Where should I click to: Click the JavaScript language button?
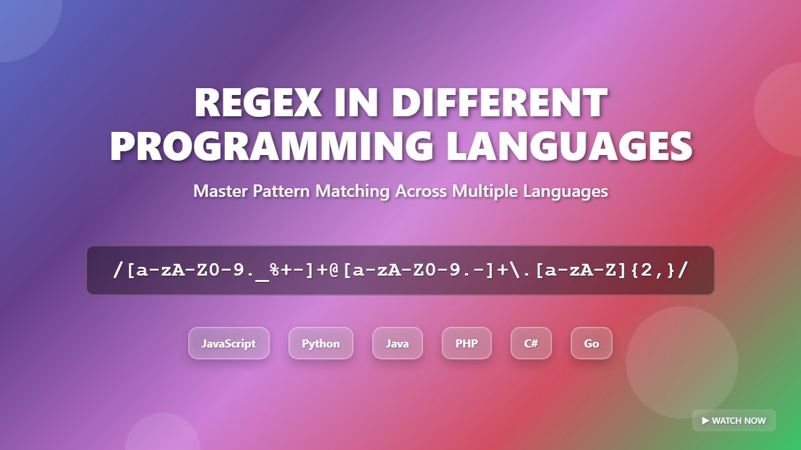(228, 343)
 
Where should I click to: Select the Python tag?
(320, 343)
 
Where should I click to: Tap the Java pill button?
(397, 343)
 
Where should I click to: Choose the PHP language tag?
(466, 343)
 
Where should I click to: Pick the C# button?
(531, 343)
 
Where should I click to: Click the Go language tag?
(591, 343)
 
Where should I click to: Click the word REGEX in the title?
(257, 102)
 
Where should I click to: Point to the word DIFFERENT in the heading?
(500, 102)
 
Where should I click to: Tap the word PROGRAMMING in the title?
(272, 146)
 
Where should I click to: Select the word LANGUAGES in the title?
(569, 146)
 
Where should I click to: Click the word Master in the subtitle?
(220, 191)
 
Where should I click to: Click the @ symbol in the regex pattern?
(333, 270)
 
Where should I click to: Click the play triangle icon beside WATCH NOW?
(705, 421)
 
